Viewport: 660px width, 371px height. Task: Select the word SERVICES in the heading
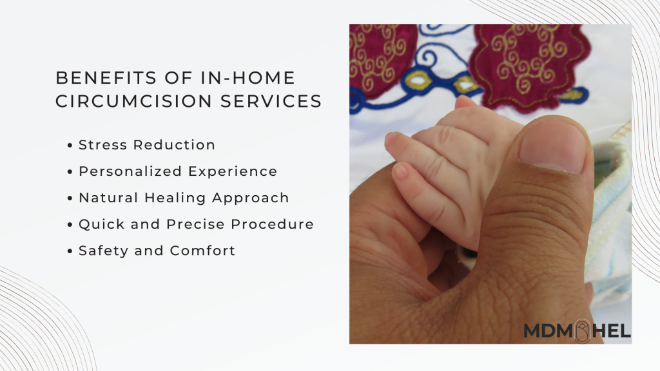pos(271,101)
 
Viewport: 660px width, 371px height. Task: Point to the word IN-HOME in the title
pos(248,78)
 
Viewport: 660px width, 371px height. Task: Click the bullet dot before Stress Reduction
pos(70,146)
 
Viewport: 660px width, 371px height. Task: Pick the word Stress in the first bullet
pos(102,145)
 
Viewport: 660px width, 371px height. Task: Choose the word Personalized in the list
pos(130,171)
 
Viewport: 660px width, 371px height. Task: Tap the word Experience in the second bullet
pos(233,171)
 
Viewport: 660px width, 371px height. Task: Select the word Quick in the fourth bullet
pos(102,224)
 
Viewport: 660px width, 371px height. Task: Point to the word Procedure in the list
pos(273,224)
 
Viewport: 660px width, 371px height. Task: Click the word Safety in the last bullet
pos(103,251)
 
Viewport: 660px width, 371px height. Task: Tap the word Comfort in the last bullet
pos(202,251)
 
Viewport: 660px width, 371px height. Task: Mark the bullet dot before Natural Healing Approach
pos(70,198)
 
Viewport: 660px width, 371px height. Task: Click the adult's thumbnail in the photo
pos(552,146)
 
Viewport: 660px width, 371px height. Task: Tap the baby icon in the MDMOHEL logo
pos(583,331)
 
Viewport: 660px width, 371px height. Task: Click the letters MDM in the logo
pos(548,331)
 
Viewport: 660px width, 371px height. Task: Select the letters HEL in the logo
pos(612,331)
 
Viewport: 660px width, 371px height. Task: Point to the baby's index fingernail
pos(391,138)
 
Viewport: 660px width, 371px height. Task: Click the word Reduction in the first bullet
pos(174,145)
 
